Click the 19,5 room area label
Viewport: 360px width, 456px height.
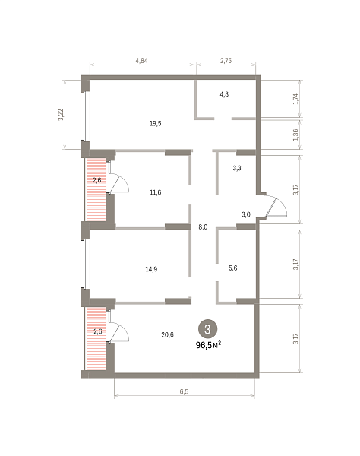156,124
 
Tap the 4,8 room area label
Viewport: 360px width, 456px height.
224,94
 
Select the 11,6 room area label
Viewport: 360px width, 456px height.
156,192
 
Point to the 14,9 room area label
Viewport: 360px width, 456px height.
151,269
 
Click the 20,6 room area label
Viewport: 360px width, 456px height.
167,334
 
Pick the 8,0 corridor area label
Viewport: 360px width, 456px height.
203,227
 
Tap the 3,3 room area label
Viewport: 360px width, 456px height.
237,168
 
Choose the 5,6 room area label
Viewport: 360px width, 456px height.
232,268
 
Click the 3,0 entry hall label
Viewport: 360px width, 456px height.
246,214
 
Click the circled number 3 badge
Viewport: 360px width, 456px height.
207,329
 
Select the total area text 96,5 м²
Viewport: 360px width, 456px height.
209,345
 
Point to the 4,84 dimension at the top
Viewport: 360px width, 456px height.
141,61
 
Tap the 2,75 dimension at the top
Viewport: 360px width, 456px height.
226,61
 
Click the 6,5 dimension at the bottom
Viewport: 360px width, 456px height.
184,391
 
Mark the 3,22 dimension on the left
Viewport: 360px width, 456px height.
61,115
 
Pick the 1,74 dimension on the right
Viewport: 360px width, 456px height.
295,99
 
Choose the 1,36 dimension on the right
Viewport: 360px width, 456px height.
295,135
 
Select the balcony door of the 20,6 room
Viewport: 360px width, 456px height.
118,331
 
